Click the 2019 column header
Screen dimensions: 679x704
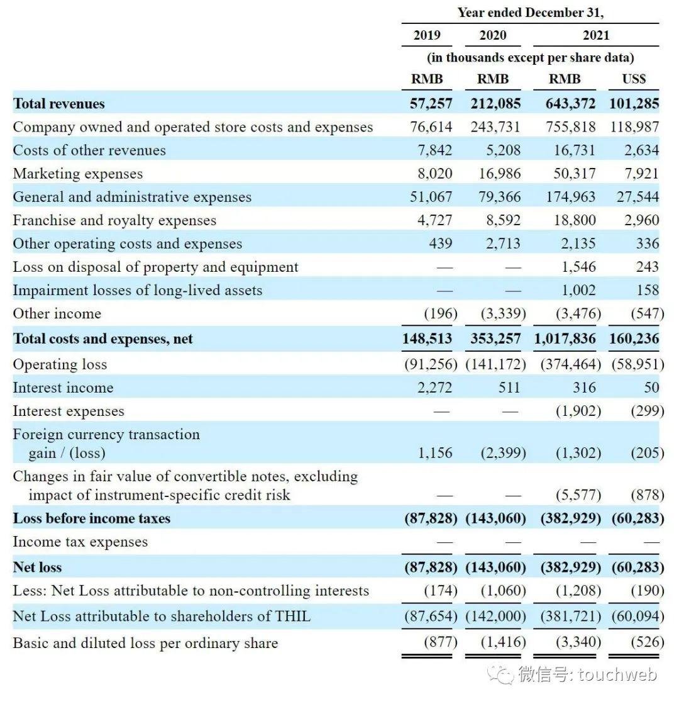tap(426, 35)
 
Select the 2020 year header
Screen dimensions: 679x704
tap(492, 35)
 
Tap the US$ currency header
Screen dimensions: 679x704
tap(634, 79)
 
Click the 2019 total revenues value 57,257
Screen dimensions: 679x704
tap(431, 104)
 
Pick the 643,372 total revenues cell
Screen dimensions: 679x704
tap(570, 104)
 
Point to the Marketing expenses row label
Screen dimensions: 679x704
tap(77, 174)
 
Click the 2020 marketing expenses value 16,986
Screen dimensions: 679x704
tap(499, 174)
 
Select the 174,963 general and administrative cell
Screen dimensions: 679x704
tap(570, 197)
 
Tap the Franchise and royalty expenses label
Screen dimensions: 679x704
tap(114, 220)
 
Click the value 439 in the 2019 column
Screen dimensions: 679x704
tap(440, 244)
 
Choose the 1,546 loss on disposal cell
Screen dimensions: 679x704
tap(578, 267)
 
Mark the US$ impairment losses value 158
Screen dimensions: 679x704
tap(648, 291)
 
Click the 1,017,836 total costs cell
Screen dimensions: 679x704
tap(565, 338)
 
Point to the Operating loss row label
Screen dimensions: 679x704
tap(60, 364)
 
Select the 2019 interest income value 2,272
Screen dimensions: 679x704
tap(434, 388)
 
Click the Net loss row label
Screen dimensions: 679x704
tap(37, 567)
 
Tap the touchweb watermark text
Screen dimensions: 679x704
tap(617, 675)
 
